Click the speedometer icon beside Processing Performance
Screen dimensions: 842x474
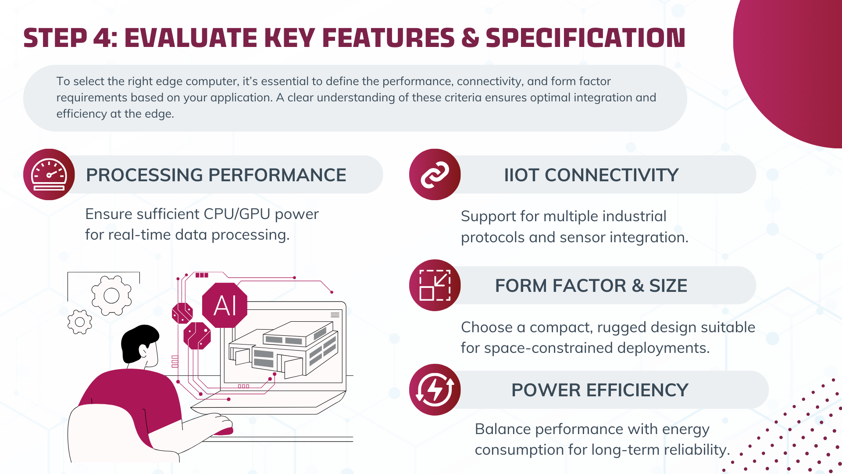click(49, 175)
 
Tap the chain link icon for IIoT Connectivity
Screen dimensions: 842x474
click(435, 175)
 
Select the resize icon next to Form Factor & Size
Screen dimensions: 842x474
click(435, 285)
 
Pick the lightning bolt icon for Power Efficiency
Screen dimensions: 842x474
click(435, 390)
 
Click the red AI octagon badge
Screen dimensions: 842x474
click(225, 305)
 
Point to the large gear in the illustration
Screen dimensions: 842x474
click(111, 295)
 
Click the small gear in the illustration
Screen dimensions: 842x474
click(80, 322)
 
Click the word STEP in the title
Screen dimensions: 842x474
click(55, 38)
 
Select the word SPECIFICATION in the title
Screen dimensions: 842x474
click(585, 38)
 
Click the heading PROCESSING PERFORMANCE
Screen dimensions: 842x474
click(216, 175)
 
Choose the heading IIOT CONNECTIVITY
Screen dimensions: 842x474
click(591, 175)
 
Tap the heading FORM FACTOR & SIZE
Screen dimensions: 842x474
click(591, 286)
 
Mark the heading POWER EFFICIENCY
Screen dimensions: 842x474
click(600, 390)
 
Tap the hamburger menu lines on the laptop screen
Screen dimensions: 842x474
click(335, 315)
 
